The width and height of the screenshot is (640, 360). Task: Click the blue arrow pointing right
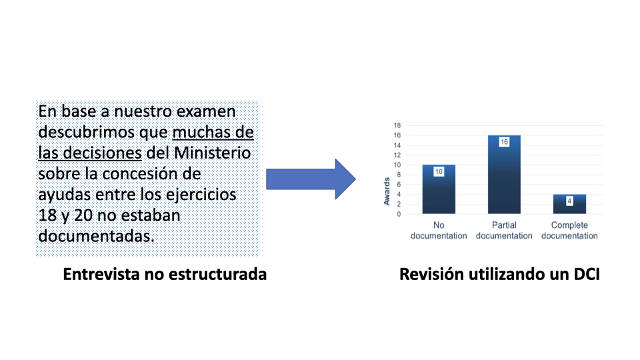(311, 179)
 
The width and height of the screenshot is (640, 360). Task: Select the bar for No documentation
(439, 189)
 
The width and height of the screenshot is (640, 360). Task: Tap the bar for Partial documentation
(504, 175)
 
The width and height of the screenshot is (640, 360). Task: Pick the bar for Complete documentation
(569, 204)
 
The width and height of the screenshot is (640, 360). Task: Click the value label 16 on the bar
(504, 142)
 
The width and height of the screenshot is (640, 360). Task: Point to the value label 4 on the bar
(569, 201)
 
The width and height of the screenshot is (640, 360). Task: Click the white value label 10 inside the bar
(439, 171)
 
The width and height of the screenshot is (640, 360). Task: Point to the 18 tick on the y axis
(397, 125)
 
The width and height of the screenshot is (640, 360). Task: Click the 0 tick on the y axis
(399, 214)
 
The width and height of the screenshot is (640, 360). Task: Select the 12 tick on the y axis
(397, 155)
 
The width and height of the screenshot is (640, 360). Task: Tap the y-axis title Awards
(387, 191)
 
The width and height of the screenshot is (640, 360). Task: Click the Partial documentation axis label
(504, 230)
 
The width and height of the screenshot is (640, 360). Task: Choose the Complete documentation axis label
(569, 230)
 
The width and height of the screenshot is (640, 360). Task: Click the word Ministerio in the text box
(212, 153)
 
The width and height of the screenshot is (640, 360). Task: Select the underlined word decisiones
(102, 153)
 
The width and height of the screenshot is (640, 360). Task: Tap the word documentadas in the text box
(96, 236)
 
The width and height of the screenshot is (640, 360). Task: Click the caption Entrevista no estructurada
(165, 274)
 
